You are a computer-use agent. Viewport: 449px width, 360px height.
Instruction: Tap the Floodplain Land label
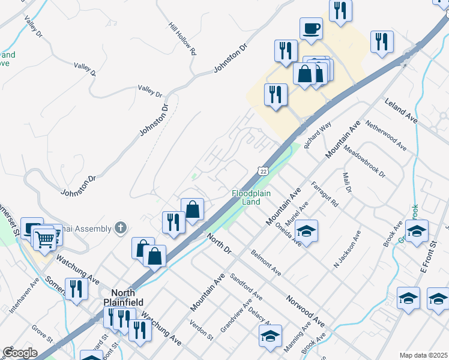246,197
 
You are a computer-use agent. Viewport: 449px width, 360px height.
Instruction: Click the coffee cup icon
311,28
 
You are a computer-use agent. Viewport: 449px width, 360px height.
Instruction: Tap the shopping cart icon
44,239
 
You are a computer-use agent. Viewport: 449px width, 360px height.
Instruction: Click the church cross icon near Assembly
121,227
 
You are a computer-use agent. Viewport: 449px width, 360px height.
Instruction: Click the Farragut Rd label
324,194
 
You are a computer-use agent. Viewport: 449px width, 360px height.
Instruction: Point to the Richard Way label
317,136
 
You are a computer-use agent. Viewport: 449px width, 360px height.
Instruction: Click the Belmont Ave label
267,263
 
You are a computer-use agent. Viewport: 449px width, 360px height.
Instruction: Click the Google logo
20,353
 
